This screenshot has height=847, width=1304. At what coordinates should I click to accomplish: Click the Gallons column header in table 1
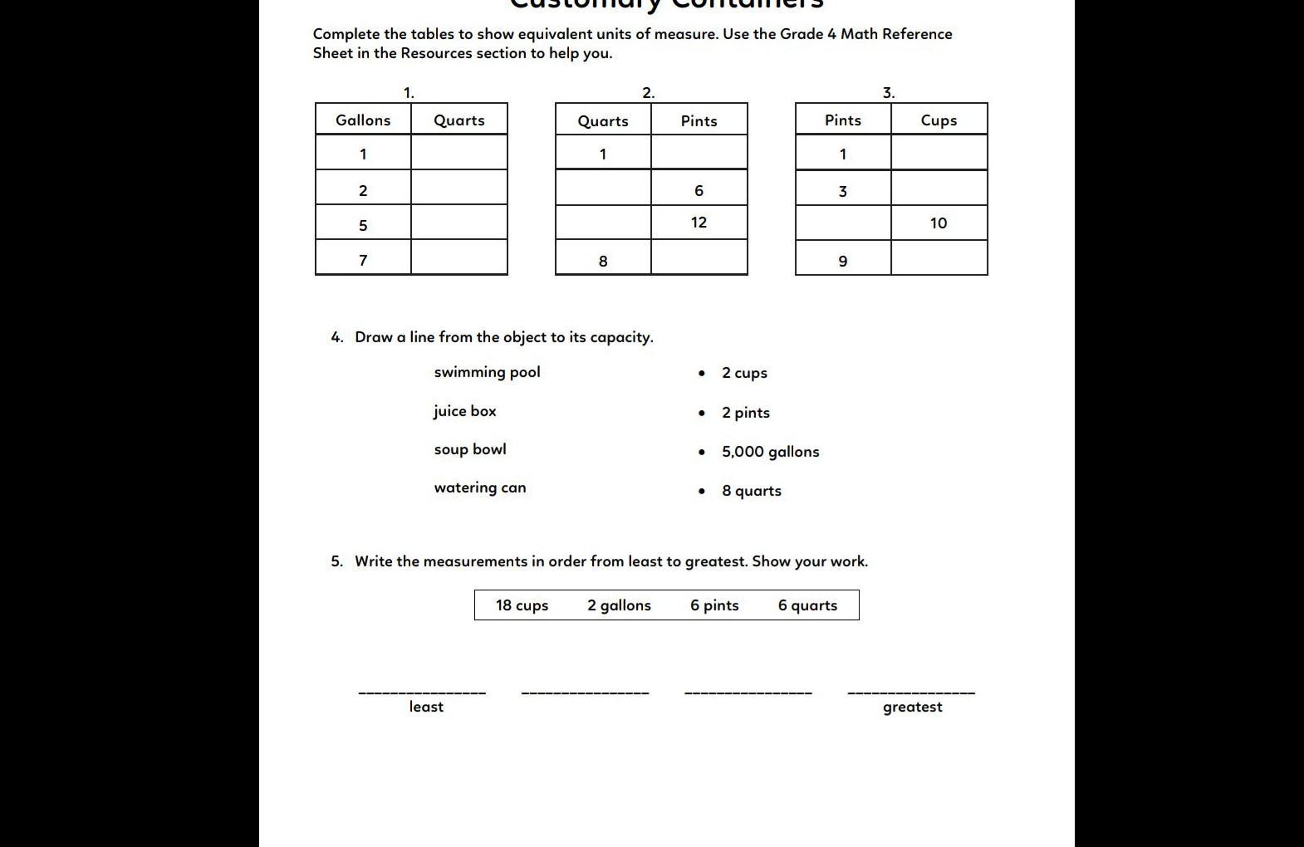363,120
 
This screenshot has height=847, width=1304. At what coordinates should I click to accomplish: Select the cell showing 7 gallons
363,260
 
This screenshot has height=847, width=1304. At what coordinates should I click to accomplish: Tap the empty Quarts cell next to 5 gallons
459,224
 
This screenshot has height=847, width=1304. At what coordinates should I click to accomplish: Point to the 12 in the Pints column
699,223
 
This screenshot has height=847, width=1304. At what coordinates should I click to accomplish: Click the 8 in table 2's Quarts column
603,261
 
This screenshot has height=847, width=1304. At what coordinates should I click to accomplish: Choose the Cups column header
939,120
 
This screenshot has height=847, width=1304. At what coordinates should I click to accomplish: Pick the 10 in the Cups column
939,223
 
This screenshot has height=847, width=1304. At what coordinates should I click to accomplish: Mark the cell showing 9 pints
843,261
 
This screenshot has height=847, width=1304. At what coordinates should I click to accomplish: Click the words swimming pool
487,372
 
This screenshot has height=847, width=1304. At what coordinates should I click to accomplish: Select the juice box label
464,411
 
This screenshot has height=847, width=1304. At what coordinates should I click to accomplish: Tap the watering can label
480,487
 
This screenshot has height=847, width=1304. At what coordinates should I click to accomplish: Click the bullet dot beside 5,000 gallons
703,452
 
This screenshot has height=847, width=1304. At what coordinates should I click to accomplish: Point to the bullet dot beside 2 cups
703,373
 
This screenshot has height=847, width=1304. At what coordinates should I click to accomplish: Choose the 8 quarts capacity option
752,491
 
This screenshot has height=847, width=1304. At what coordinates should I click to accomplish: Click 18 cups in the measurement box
522,605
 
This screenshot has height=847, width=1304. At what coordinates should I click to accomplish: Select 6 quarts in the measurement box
807,605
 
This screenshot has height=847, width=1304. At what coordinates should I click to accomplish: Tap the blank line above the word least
422,691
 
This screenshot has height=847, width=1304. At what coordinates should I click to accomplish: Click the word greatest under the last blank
912,707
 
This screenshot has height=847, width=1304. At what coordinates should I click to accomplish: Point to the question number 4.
336,337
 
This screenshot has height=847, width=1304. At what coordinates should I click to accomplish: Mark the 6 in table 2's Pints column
699,190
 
